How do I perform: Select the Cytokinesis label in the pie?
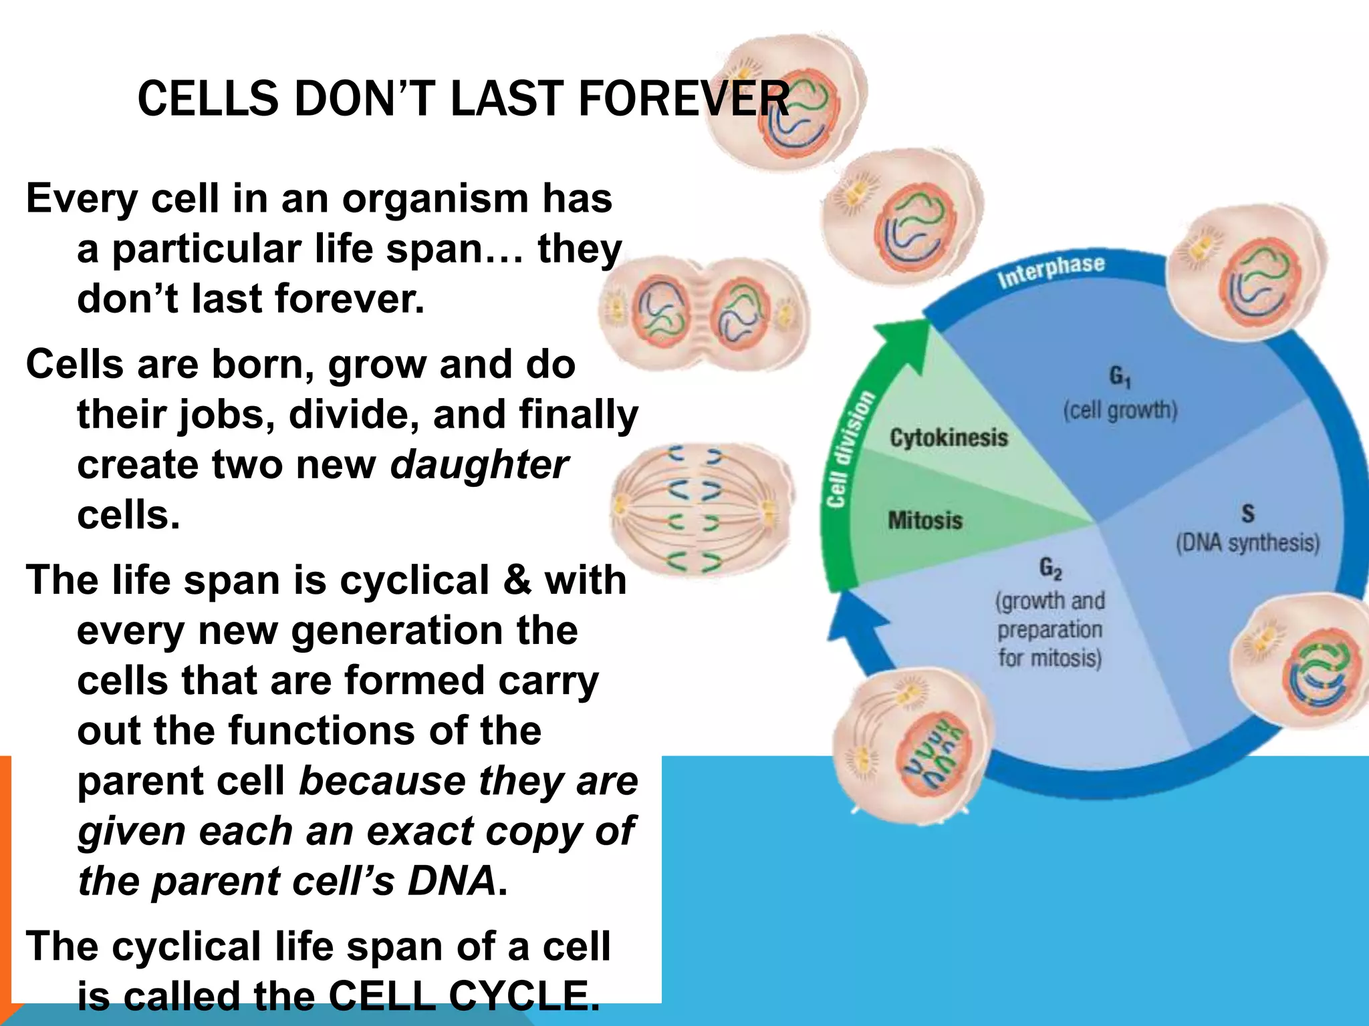[948, 438]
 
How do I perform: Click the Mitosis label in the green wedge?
[924, 520]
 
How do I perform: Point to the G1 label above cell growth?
[1120, 377]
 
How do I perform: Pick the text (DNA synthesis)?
[1247, 542]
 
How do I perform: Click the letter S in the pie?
[1247, 514]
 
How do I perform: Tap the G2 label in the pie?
[1050, 569]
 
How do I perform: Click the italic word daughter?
[479, 465]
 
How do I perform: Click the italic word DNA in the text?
[452, 880]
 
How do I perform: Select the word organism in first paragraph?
[434, 198]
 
